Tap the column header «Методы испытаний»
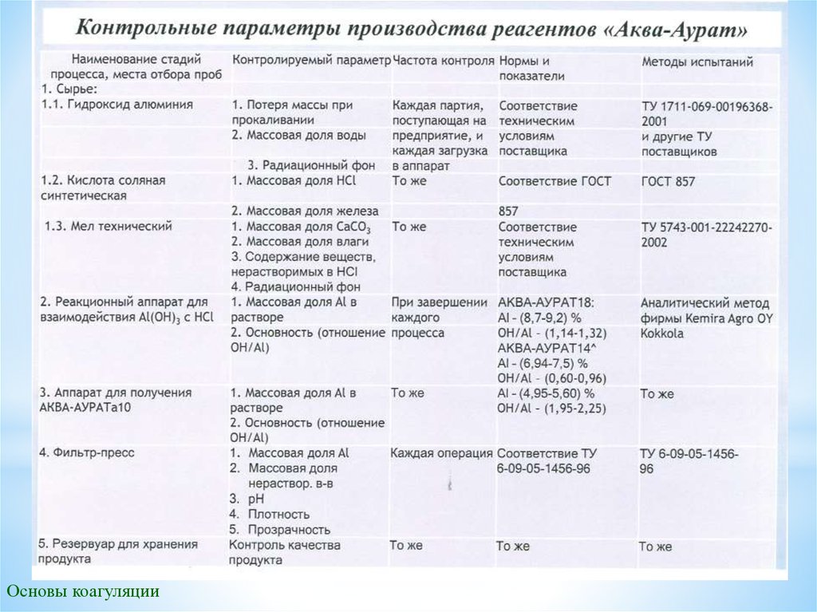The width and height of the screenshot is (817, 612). pos(698,61)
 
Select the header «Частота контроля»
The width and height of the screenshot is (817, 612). pos(444,61)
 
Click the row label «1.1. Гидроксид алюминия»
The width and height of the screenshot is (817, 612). pos(116,105)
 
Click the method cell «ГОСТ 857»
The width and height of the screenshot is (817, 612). pos(668,182)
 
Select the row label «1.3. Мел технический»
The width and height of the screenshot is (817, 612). pos(109,227)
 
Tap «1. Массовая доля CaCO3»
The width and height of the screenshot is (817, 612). pos(302,227)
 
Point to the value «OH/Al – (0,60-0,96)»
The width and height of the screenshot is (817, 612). pos(551,377)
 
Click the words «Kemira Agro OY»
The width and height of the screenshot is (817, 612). pos(719,318)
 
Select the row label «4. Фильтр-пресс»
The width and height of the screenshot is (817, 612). pos(87,452)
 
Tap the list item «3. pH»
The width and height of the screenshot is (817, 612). pos(252,499)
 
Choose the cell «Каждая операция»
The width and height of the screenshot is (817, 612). pos(441,453)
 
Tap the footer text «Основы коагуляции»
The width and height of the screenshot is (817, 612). pos(83,591)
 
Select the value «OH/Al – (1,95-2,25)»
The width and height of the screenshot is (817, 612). pos(551,409)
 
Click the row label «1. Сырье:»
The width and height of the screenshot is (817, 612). pos(70,89)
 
